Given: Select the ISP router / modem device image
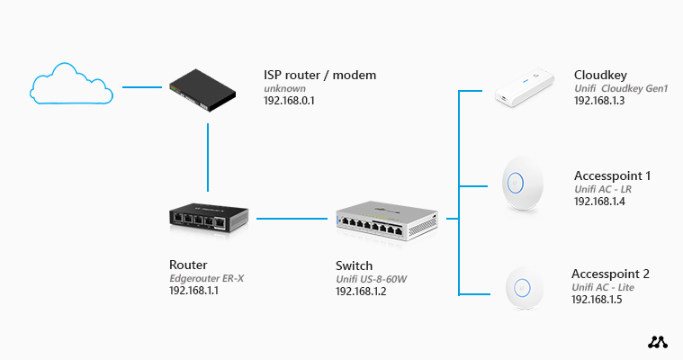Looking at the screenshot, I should (208, 90).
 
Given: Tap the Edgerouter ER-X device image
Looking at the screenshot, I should (209, 218).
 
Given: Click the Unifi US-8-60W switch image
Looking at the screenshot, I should (388, 218).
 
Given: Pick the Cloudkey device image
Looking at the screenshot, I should (521, 92).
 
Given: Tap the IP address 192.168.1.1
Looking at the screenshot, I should (194, 292).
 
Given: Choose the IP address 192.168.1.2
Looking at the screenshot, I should (361, 292).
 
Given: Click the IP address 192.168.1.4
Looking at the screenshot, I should (599, 202).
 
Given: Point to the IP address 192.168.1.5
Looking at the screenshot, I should (597, 300).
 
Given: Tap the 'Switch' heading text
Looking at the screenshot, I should (354, 265).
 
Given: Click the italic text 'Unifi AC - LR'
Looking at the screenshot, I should (603, 189).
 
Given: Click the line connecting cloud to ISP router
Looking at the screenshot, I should (142, 88).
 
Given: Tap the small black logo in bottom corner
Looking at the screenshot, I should (658, 342).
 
